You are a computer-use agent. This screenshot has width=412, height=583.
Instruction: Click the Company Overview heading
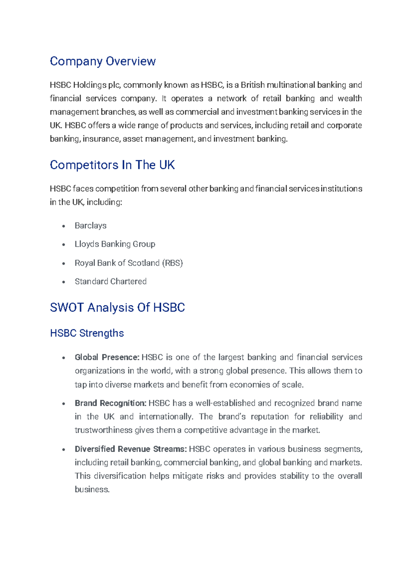(103, 61)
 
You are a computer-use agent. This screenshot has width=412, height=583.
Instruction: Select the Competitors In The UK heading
(112, 165)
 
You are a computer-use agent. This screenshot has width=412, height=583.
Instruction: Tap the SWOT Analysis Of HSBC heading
(117, 308)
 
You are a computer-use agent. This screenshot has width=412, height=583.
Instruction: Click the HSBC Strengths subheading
(87, 333)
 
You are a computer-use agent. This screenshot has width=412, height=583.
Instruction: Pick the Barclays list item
(91, 226)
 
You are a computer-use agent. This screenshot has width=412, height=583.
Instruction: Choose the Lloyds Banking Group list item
(115, 244)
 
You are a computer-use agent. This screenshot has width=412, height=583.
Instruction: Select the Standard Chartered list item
(111, 282)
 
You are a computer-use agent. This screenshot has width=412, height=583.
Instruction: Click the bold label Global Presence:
(107, 357)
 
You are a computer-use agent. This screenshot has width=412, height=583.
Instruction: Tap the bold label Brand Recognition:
(111, 403)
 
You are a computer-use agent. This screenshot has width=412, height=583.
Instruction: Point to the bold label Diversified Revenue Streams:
(131, 449)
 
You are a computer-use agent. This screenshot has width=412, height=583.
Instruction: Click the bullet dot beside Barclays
(64, 226)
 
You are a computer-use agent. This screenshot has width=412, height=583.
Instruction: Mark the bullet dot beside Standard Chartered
(64, 282)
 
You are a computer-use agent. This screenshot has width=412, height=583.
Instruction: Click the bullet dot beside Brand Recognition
(64, 404)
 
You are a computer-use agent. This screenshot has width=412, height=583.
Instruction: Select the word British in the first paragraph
(253, 85)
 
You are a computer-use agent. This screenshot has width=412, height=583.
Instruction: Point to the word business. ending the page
(92, 490)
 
